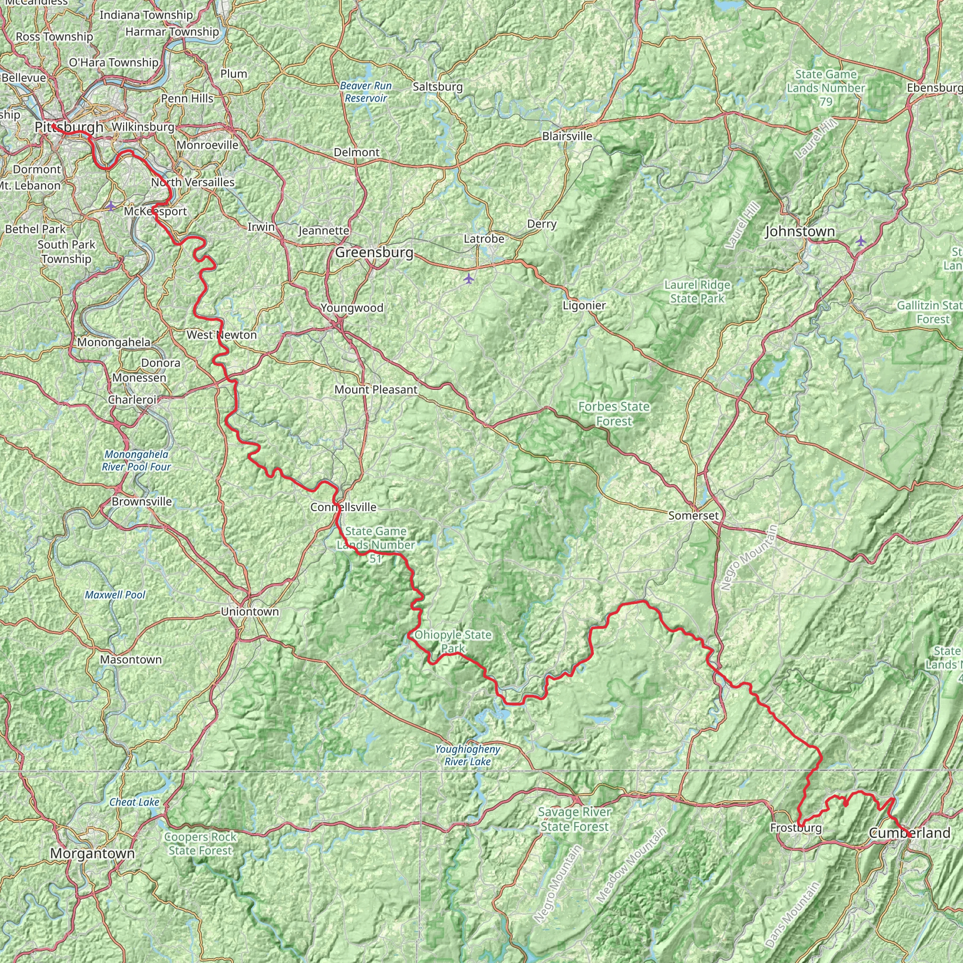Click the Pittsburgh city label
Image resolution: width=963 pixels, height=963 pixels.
pos(69,127)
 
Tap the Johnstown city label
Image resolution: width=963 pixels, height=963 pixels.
pos(799,231)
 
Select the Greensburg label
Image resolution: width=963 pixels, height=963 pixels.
pos(374,252)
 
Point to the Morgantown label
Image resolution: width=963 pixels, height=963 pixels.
pos(92,853)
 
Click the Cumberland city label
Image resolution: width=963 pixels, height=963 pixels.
pos(909,833)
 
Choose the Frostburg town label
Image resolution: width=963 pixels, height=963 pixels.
pos(796,828)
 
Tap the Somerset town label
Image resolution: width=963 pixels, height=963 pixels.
pos(694,516)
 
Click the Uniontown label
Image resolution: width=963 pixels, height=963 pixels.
pos(250,612)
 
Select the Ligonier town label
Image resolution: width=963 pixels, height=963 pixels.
pos(584,305)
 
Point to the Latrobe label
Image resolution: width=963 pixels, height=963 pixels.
pos(483,239)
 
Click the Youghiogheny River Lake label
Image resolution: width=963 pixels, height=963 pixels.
pos(467,755)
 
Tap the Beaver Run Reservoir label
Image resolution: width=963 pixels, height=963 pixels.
pos(366,92)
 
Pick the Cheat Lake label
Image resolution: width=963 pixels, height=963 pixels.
pos(134,802)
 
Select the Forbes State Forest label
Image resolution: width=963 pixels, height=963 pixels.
pos(614,414)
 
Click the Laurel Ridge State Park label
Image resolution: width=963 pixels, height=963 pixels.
pos(697,292)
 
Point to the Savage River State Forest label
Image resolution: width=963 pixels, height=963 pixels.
pos(574,819)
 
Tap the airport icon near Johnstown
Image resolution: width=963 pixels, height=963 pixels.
pos(861,241)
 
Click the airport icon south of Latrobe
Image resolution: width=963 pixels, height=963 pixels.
pos(468,279)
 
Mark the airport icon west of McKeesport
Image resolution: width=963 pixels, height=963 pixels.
pos(110,205)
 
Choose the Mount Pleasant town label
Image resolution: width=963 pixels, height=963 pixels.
pos(376,389)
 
